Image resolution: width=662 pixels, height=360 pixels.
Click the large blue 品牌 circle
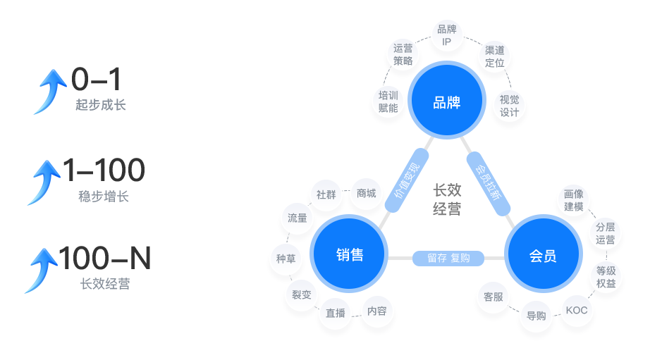(x=446, y=102)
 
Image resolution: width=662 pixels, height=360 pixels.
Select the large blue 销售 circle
(x=350, y=255)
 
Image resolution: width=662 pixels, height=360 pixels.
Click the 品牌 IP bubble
(x=446, y=36)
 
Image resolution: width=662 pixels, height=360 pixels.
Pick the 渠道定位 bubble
(x=495, y=56)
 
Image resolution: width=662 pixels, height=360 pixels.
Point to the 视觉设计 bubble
(x=509, y=106)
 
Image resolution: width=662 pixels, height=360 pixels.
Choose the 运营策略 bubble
(x=403, y=55)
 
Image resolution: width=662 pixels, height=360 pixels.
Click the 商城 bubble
(x=366, y=193)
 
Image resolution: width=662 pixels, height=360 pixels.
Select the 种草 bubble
(x=286, y=259)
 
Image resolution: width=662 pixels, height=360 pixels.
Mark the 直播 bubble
(x=336, y=313)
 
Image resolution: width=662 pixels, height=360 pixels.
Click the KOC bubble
(x=577, y=310)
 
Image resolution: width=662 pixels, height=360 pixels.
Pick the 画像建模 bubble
(x=574, y=200)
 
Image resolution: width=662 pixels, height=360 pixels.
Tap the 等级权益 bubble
(x=606, y=277)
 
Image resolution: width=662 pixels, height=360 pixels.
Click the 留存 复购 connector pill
(x=448, y=259)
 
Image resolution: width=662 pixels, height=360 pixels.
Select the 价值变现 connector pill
(x=407, y=180)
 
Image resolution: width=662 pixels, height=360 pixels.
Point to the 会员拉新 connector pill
(x=487, y=180)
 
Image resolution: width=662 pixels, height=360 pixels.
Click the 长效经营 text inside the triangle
(x=447, y=199)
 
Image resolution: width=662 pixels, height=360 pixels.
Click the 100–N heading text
(x=105, y=259)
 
